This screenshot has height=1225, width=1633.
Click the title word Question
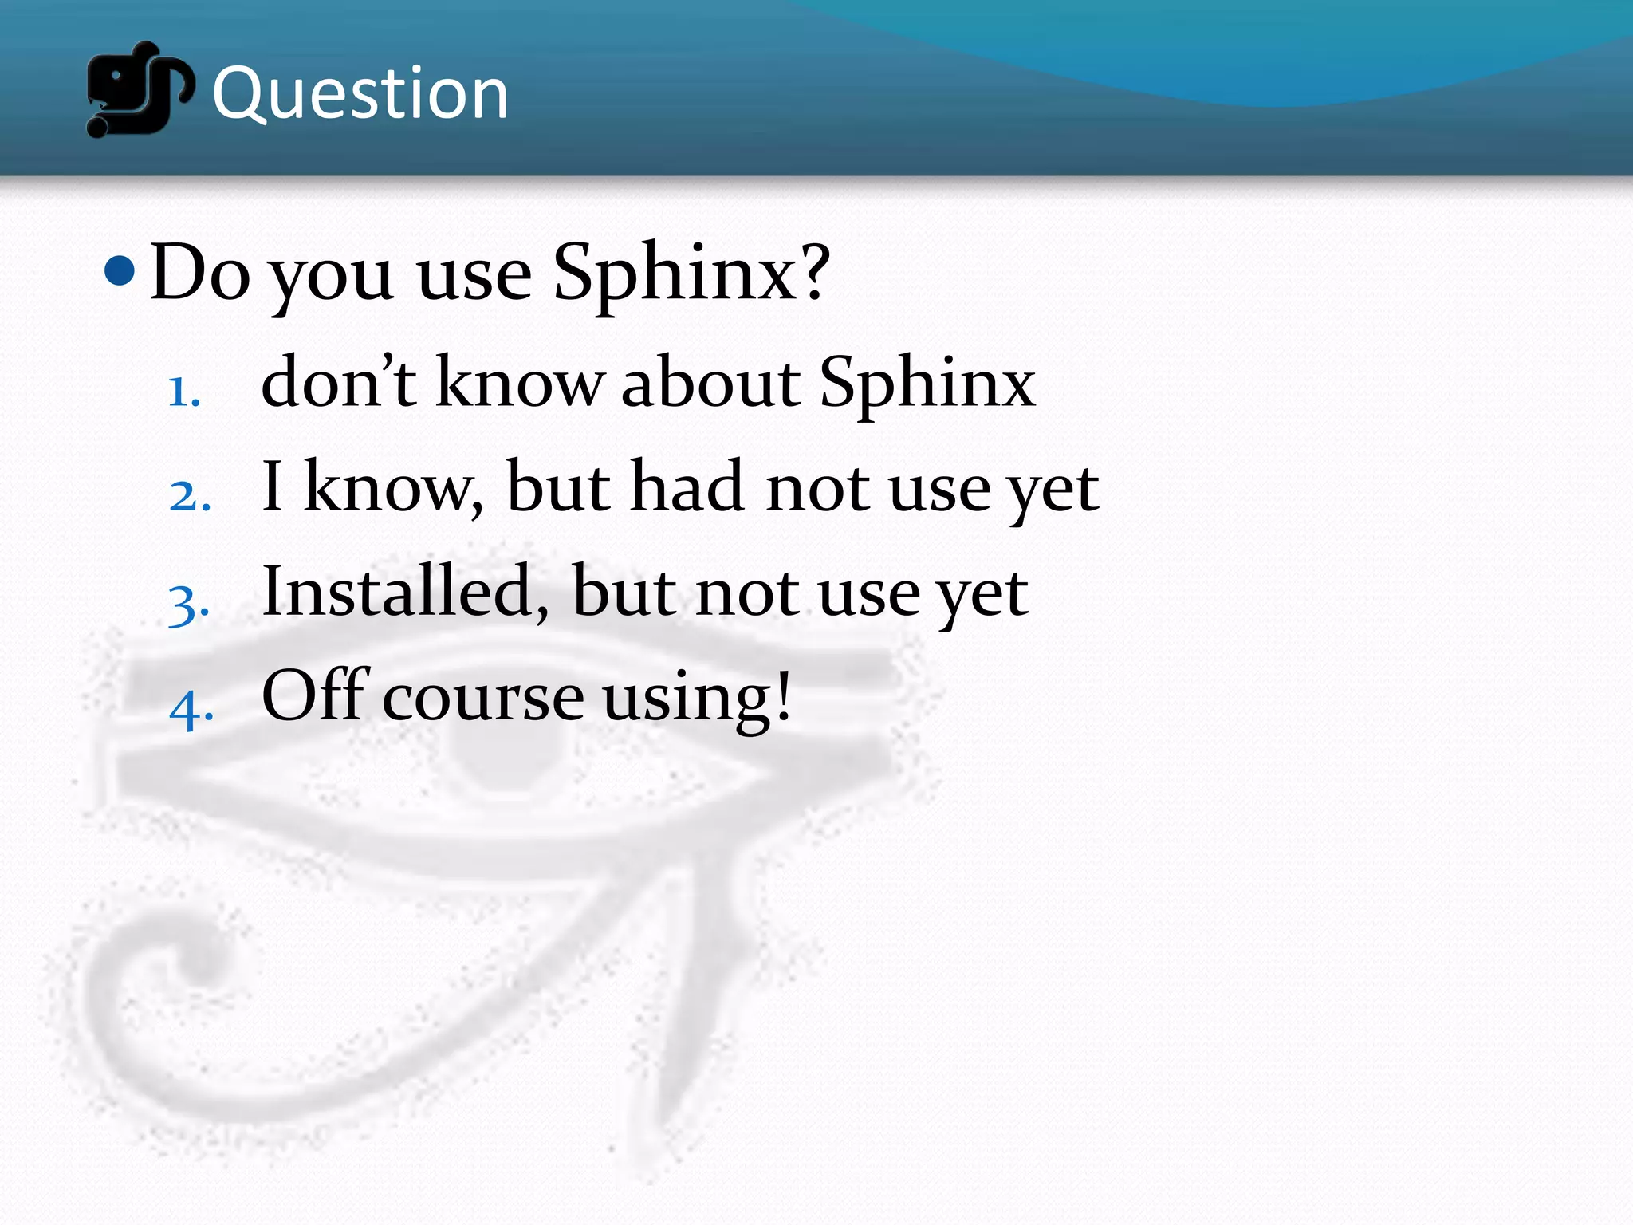[x=360, y=94]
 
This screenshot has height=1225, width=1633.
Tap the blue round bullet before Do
[x=120, y=271]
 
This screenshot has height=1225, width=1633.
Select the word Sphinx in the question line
[x=674, y=275]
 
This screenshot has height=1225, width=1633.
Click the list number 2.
[x=190, y=497]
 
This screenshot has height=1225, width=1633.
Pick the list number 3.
[x=189, y=604]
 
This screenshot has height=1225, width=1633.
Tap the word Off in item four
[x=315, y=695]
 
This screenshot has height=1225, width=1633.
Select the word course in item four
[x=483, y=699]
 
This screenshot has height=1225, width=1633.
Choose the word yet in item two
[x=1053, y=490]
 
